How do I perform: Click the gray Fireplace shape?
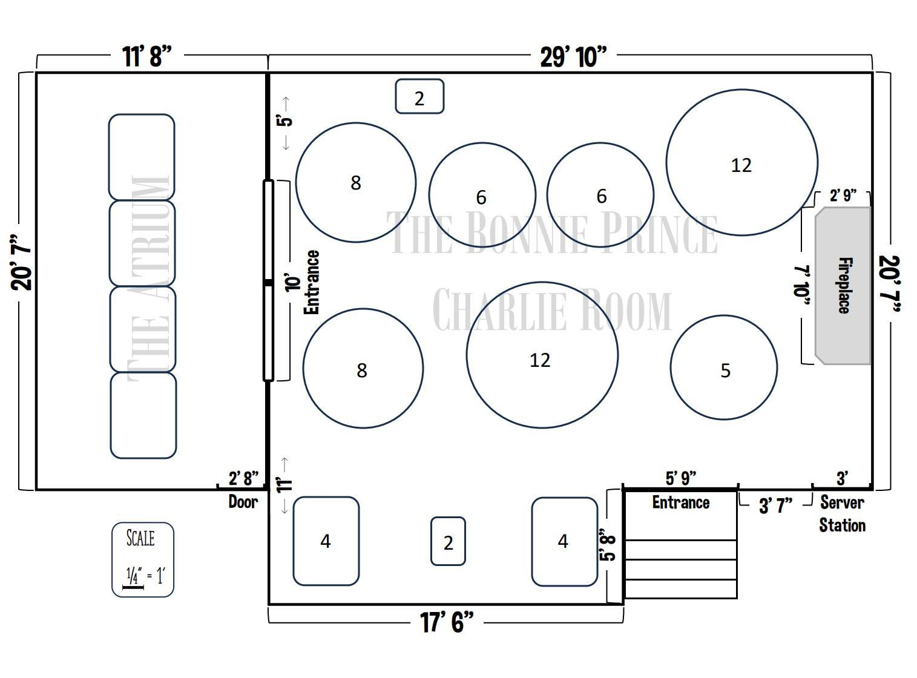click(843, 286)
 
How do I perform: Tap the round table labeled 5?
click(723, 367)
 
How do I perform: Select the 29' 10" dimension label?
click(573, 57)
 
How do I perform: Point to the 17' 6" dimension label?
click(447, 622)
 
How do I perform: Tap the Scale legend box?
click(143, 559)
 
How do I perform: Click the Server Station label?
click(842, 514)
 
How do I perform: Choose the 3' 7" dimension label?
click(775, 505)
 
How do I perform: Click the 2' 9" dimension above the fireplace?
click(843, 196)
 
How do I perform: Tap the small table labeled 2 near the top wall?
click(419, 96)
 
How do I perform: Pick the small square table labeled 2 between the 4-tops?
click(448, 541)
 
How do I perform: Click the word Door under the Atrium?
click(243, 502)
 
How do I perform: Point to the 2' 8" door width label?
click(243, 478)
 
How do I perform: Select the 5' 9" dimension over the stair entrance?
click(681, 478)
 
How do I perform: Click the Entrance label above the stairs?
click(681, 502)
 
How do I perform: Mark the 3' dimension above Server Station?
click(842, 478)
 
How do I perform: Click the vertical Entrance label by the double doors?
click(311, 282)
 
